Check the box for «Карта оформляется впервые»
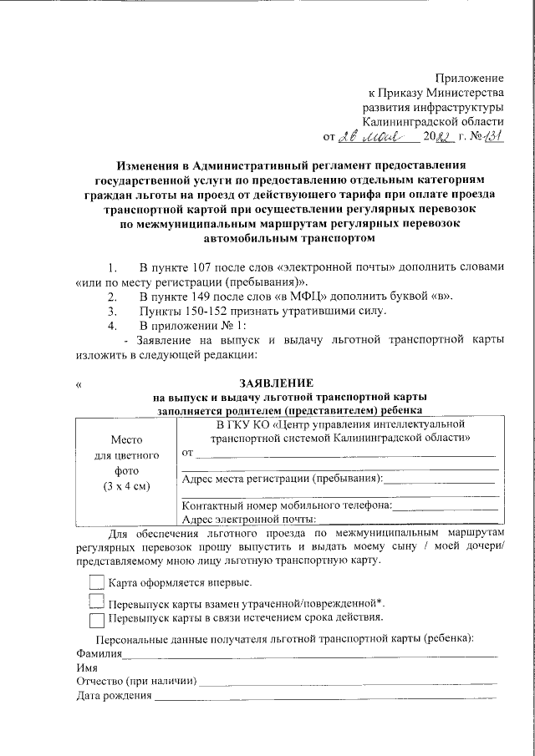(96, 582)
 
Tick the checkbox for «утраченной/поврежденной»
(96, 602)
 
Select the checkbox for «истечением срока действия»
(96, 619)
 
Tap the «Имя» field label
(86, 668)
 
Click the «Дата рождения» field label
(114, 696)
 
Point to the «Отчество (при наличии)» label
(136, 682)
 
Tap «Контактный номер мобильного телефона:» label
(286, 505)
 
